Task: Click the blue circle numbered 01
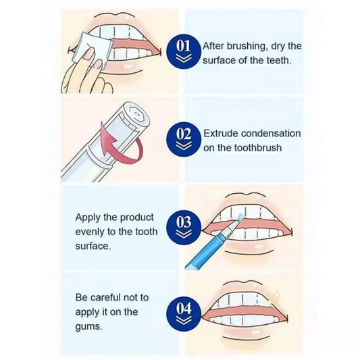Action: pyautogui.click(x=184, y=51)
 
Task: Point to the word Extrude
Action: pyautogui.click(x=222, y=132)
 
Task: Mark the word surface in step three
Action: pyautogui.click(x=94, y=247)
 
